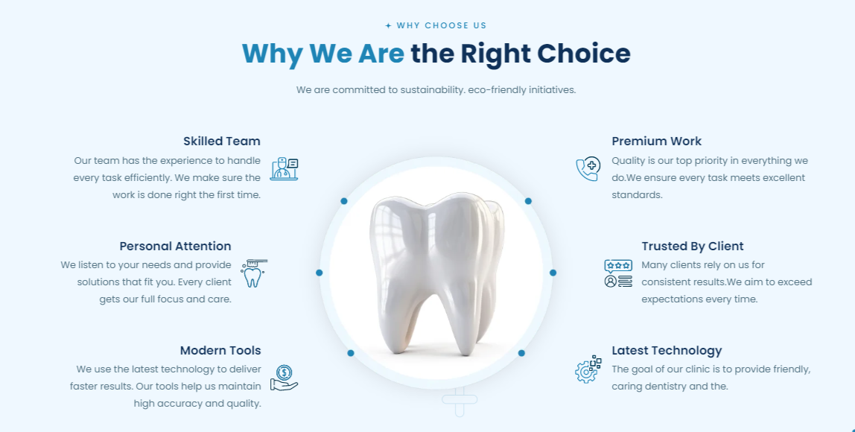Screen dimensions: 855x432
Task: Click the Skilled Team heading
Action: (222, 142)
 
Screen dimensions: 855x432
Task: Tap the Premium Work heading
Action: (657, 142)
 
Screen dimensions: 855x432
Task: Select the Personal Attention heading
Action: (175, 246)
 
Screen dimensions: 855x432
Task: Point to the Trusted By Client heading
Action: (693, 246)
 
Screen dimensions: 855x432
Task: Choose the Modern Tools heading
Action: (220, 350)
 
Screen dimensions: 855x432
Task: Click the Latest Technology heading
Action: (667, 351)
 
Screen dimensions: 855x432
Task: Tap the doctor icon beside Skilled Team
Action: (284, 169)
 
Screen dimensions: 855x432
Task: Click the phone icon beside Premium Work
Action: (588, 168)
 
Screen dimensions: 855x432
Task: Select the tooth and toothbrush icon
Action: (253, 273)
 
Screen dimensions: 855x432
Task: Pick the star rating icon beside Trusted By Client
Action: (618, 273)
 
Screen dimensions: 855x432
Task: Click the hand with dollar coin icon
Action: (284, 378)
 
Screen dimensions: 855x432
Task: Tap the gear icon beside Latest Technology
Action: (588, 369)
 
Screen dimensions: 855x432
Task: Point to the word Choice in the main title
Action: (583, 54)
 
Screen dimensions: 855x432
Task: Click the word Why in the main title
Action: (272, 54)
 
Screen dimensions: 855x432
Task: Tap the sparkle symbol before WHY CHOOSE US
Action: (388, 25)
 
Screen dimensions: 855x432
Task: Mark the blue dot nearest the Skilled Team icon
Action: (344, 201)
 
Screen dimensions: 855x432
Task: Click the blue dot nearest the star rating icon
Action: (553, 273)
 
